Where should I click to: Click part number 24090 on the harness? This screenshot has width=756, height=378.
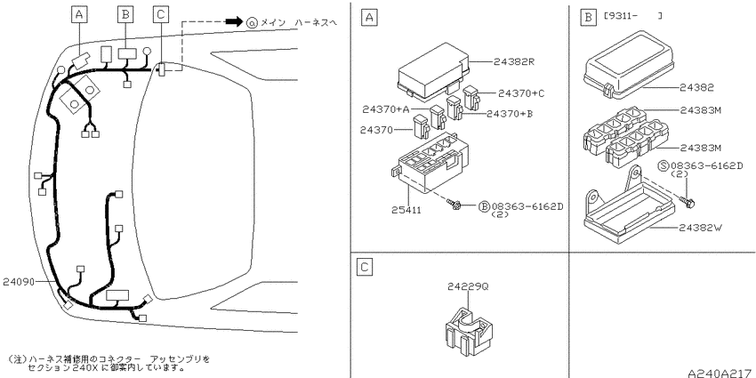[19, 282]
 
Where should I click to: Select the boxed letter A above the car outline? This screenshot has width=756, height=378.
[78, 15]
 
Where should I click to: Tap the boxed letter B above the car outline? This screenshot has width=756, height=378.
[125, 15]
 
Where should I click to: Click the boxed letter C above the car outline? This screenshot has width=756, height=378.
[161, 15]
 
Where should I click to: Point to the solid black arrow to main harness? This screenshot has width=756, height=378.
[234, 21]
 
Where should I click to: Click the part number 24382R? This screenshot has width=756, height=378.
[514, 61]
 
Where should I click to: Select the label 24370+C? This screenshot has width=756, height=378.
[521, 93]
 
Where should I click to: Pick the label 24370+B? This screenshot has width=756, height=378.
[510, 114]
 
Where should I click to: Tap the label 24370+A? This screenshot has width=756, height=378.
[386, 109]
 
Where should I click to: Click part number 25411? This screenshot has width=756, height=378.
[406, 210]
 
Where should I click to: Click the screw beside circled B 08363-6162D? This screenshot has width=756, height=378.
[454, 205]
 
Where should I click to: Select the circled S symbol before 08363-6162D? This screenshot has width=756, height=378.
[664, 166]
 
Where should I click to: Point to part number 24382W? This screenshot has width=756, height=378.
[700, 228]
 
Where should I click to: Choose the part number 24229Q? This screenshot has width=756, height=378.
[468, 286]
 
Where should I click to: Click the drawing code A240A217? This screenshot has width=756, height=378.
[720, 374]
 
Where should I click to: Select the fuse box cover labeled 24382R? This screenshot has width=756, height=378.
[434, 72]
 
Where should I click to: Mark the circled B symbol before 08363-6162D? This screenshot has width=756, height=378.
[484, 206]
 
